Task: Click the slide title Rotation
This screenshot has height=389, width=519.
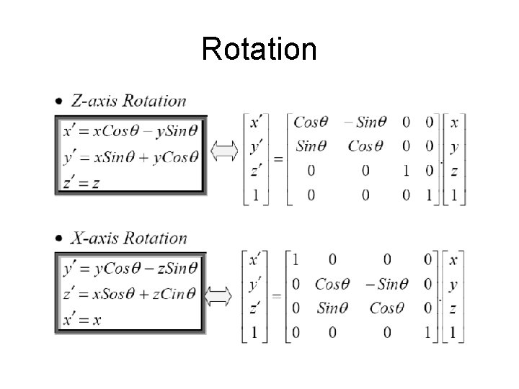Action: pos(259,49)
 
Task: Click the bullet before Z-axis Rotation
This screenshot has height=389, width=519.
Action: pos(58,102)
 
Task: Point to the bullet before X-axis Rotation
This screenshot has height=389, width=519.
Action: pos(58,239)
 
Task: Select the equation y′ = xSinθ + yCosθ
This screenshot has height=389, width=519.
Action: pos(130,156)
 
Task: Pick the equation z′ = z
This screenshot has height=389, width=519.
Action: pos(81,182)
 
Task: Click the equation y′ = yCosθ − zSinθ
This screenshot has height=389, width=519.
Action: pos(130,268)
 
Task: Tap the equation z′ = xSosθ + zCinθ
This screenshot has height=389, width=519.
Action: pos(130,293)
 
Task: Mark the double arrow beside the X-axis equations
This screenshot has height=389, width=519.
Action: pos(219,295)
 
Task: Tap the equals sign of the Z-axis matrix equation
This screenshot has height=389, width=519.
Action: pos(278,158)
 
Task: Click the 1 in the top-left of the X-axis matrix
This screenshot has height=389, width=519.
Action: pos(296,260)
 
